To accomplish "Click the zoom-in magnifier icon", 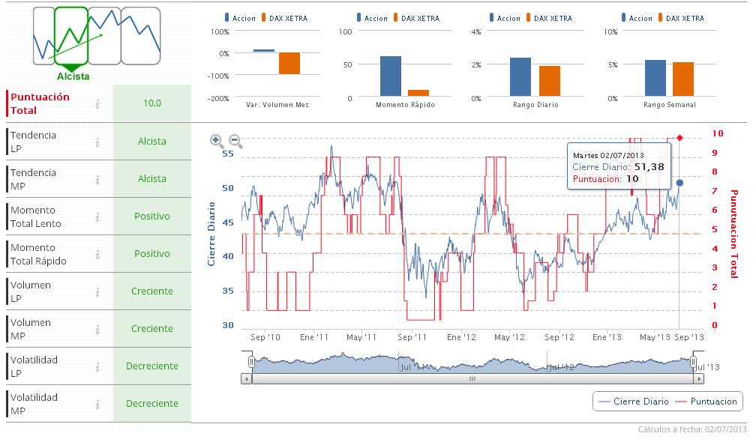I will tap(216, 140).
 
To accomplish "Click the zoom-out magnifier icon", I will tap(235, 140).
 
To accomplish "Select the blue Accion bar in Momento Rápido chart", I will tap(390, 76).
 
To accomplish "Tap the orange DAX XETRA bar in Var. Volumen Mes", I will tap(289, 64).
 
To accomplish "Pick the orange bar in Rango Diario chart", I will tap(550, 82).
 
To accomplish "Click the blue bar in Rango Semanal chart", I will tap(655, 79).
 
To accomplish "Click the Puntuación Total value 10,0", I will tap(152, 103).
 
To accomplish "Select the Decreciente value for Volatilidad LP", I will tap(152, 366).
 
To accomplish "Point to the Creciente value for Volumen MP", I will tap(152, 329).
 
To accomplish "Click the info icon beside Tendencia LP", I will tap(97, 142).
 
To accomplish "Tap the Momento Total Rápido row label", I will tap(38, 254).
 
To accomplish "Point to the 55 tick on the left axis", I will tap(228, 154).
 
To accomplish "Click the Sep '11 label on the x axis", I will tap(411, 338).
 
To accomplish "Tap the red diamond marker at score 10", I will tap(679, 137).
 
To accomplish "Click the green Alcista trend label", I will tap(73, 76).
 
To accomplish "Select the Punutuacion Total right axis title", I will tap(733, 233).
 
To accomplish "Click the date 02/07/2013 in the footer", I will tap(725, 430).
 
